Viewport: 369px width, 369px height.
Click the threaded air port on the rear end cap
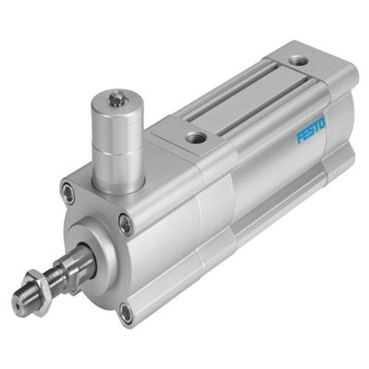(297, 60)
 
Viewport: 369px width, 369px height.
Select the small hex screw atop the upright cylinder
(116, 97)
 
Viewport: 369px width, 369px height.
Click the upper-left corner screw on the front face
(69, 194)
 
